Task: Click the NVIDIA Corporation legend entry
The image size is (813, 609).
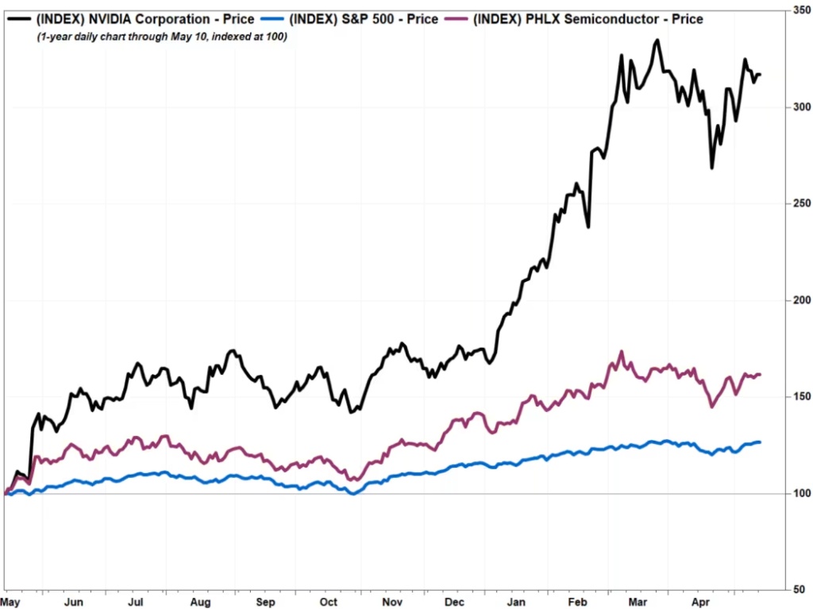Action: coord(145,19)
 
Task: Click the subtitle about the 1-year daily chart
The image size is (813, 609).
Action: coord(162,37)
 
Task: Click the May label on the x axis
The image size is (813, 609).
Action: coord(12,602)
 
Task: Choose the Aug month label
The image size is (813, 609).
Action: coord(202,602)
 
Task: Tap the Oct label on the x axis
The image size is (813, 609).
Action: coord(328,602)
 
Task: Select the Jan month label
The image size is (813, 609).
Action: coord(517,602)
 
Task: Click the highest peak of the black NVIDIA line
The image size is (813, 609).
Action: coord(657,40)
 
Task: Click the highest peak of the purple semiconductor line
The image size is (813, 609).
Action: coord(622,352)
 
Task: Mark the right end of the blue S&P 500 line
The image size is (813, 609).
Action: coord(760,441)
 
